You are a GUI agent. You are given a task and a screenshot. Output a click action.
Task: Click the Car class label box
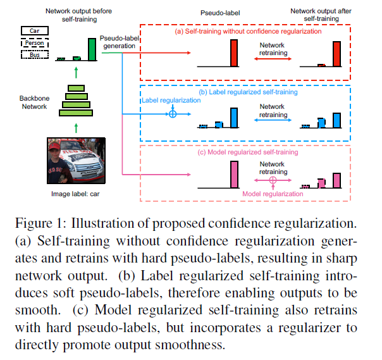35,31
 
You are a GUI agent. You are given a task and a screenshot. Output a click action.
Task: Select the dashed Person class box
35,43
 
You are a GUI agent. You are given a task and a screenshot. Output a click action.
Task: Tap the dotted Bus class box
35,54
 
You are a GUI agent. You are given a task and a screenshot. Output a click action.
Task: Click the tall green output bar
92,49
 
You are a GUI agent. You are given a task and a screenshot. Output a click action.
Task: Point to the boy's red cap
54,146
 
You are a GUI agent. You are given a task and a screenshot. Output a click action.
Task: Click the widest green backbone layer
76,113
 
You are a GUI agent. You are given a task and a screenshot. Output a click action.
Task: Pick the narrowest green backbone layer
77,88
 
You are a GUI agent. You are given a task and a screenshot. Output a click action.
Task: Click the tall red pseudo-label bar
234,53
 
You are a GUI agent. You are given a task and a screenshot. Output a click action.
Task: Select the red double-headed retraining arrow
273,59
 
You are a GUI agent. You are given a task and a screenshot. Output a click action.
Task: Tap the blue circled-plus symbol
173,114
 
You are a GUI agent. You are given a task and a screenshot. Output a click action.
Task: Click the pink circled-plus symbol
273,180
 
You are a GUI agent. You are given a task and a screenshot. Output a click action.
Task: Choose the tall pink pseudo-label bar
234,174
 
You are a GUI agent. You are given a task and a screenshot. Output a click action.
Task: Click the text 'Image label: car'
75,194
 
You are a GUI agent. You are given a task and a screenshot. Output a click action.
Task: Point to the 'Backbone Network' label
34,102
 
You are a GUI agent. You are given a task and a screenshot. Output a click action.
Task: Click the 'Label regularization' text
171,100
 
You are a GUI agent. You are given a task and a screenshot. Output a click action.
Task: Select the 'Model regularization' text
273,194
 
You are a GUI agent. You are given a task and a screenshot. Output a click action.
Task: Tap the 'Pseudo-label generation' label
120,42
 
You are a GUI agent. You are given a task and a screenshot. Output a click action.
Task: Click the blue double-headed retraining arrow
273,120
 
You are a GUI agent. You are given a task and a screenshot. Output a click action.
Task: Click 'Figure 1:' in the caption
40,223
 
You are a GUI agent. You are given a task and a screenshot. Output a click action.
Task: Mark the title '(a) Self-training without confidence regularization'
248,31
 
